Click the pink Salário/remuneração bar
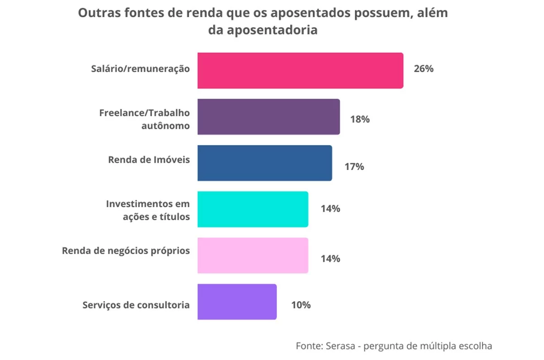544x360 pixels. [300, 71]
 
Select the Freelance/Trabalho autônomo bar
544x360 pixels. [268, 117]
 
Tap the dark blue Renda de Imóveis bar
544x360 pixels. [264, 163]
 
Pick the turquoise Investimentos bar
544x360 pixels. [253, 209]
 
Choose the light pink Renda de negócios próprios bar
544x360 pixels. [253, 255]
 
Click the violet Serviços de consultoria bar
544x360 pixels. [237, 302]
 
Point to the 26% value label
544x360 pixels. [423, 69]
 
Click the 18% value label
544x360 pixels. [360, 119]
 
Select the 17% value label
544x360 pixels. [353, 166]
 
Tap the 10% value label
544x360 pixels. [301, 305]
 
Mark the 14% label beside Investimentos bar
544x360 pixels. [330, 209]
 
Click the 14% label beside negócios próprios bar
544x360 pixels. [330, 259]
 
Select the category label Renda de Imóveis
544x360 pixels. [149, 160]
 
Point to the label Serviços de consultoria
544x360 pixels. [136, 305]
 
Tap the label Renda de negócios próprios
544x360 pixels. [126, 250]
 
